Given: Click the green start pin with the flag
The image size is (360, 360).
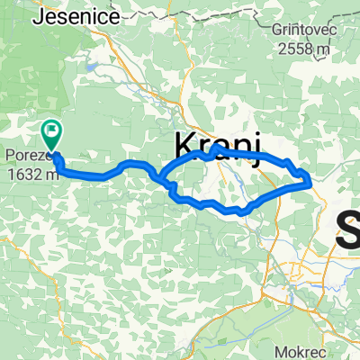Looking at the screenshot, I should [x=51, y=136].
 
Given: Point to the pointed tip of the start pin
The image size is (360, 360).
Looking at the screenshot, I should [x=52, y=151].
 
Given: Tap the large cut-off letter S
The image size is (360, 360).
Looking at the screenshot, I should [x=349, y=227].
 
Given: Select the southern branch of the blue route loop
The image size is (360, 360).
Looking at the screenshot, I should [x=220, y=208].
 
